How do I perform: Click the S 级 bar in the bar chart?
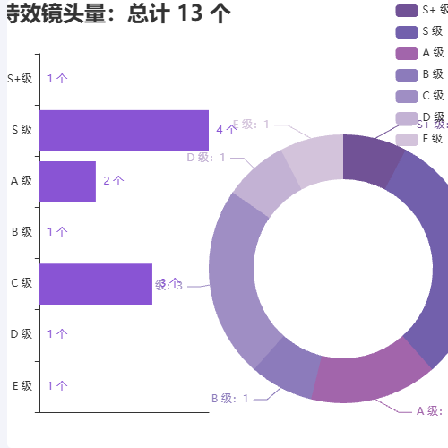(x=124, y=130)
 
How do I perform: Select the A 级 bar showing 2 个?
(x=67, y=181)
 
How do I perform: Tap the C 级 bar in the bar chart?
(x=96, y=284)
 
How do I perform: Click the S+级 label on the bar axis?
(x=20, y=79)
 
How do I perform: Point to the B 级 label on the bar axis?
(x=22, y=232)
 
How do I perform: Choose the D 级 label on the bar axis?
(x=22, y=334)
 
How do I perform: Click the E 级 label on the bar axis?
(x=22, y=386)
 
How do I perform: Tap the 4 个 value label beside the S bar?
(x=227, y=129)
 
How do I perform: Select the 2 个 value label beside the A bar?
(x=114, y=181)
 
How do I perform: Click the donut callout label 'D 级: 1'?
(x=206, y=158)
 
